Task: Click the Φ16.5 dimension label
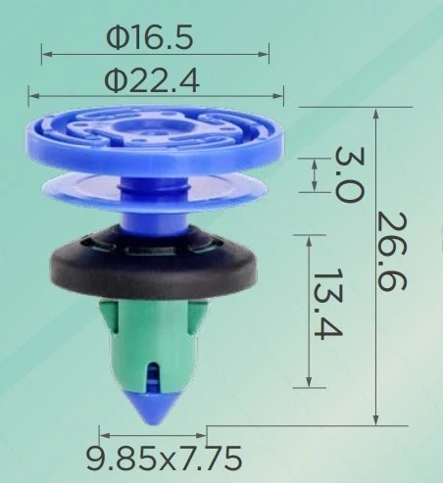pos(150,37)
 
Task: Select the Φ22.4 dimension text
pos(152,81)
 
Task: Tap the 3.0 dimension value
pos(349,174)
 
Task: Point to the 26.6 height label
pos(391,251)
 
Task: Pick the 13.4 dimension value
pos(327,304)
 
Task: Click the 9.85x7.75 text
pos(164,459)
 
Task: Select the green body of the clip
pos(153,343)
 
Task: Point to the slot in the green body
pos(152,375)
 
